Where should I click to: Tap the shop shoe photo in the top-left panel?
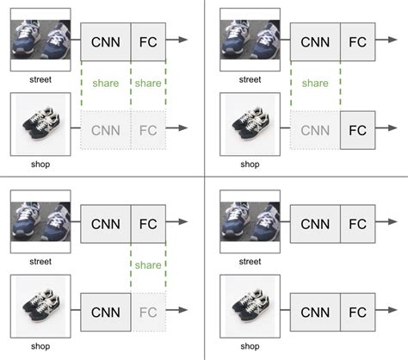pyautogui.click(x=40, y=126)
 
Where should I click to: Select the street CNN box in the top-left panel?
pyautogui.click(x=105, y=41)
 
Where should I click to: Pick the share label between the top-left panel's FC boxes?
pyautogui.click(x=148, y=84)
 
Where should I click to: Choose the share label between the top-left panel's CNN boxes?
pyautogui.click(x=105, y=84)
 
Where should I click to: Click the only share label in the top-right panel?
pyautogui.click(x=315, y=84)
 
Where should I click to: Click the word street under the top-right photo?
pyautogui.click(x=250, y=79)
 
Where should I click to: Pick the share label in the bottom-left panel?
pyautogui.click(x=148, y=266)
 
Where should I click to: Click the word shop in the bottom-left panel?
pyautogui.click(x=40, y=346)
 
